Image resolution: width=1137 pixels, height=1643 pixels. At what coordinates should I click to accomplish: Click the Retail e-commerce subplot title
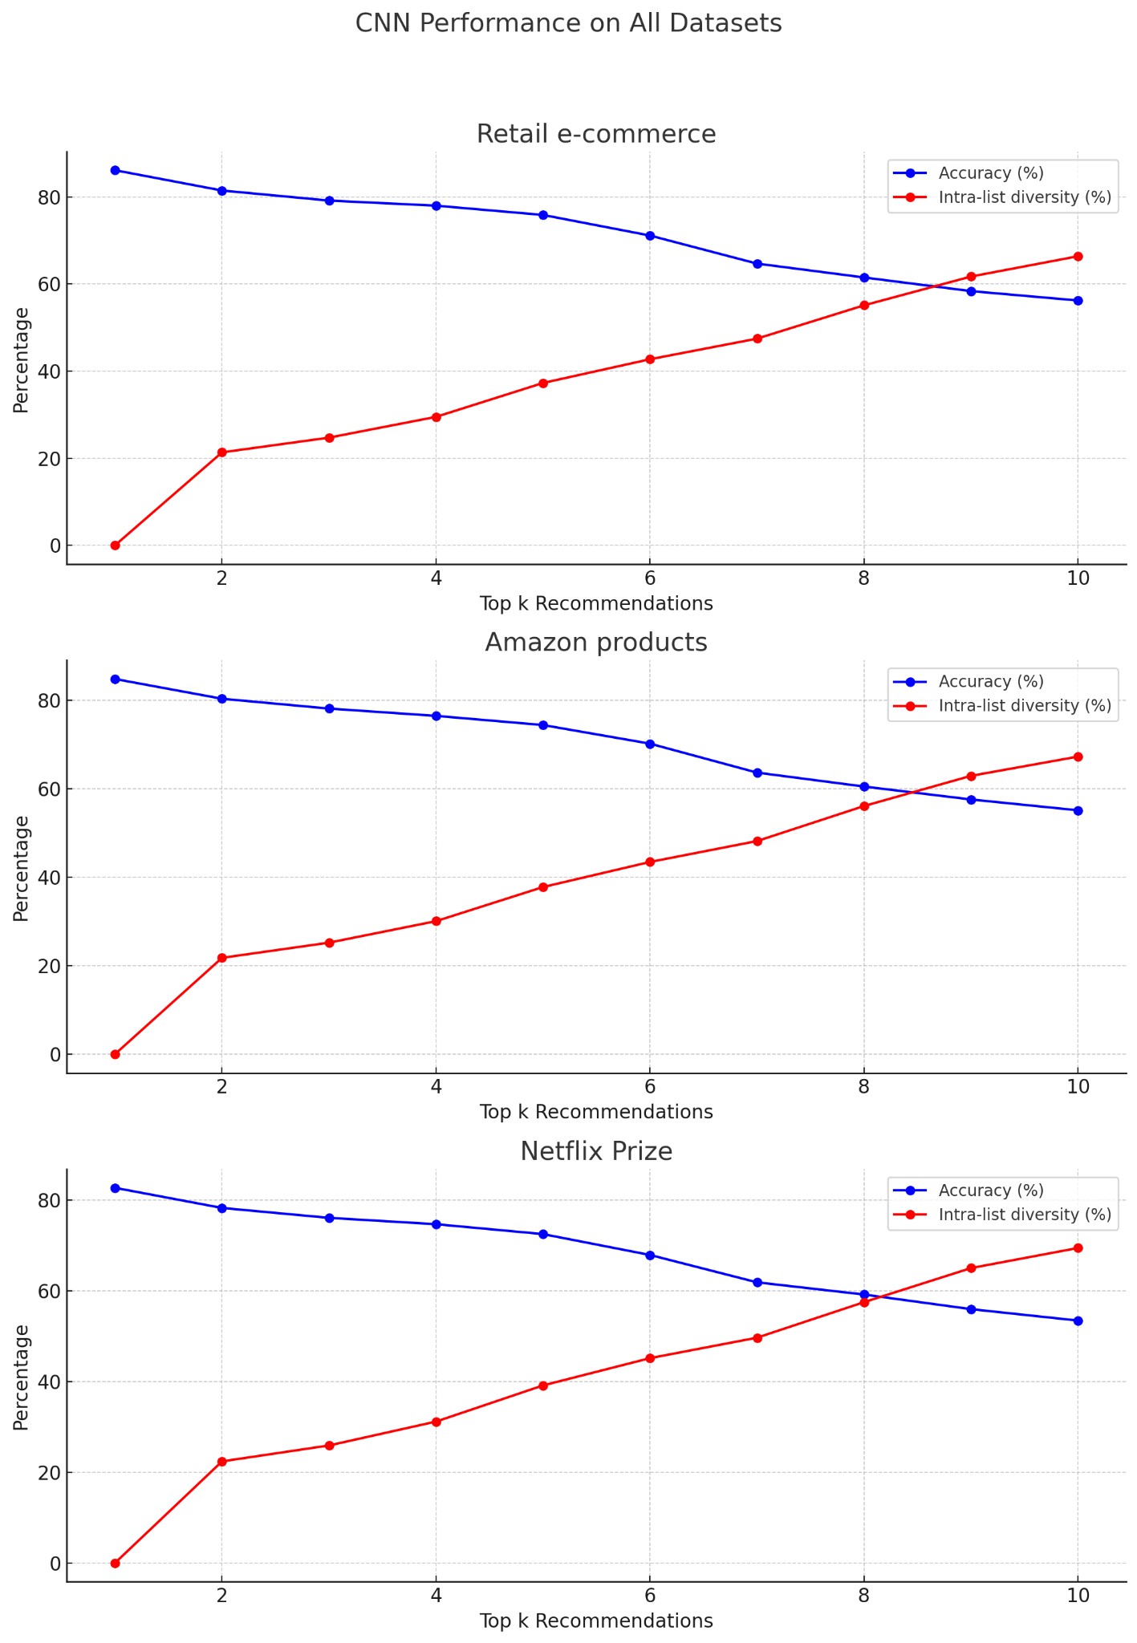click(596, 134)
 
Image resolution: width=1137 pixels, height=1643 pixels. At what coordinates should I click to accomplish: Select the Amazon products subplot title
click(596, 643)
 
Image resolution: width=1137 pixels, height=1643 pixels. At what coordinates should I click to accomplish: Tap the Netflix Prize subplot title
click(596, 1151)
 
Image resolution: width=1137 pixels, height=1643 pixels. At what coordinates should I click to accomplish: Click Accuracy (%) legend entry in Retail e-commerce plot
click(991, 173)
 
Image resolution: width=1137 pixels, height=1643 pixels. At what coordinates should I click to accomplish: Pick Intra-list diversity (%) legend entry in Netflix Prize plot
click(1024, 1215)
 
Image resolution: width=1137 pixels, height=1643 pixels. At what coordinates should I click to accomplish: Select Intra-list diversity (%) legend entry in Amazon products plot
click(1024, 706)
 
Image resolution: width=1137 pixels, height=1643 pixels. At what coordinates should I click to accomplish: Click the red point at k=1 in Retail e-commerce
click(115, 546)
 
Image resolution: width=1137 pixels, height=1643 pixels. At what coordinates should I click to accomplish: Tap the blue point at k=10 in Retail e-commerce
click(1078, 301)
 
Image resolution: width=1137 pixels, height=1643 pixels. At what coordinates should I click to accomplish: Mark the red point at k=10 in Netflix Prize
click(1078, 1248)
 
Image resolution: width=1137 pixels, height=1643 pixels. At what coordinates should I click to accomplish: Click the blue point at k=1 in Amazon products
click(115, 680)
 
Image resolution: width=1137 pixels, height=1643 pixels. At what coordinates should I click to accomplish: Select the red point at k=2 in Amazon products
click(222, 958)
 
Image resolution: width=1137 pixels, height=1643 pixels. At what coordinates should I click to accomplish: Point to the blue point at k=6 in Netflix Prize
click(650, 1256)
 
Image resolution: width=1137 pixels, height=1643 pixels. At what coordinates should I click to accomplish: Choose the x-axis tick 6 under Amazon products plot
click(650, 1087)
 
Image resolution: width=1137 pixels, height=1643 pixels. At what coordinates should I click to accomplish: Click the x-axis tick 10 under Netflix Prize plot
click(1078, 1596)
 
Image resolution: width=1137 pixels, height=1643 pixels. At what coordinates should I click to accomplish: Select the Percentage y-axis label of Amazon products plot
click(22, 869)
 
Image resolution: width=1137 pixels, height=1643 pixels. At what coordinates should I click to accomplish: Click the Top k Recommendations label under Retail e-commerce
click(596, 604)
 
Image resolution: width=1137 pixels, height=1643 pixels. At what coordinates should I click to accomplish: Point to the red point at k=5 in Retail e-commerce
click(542, 383)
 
